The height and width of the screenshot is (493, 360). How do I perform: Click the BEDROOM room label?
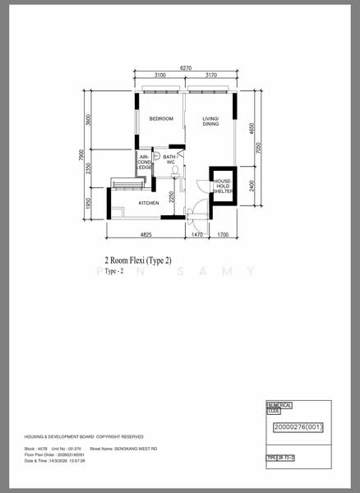point(161,120)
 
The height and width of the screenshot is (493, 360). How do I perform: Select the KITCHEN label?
point(148,202)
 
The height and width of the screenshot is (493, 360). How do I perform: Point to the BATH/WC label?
point(170,159)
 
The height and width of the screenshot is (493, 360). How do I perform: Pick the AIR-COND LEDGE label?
point(145,162)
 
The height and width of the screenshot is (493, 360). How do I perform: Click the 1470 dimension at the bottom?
point(197,235)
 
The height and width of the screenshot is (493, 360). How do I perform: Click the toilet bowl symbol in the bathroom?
point(174,172)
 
